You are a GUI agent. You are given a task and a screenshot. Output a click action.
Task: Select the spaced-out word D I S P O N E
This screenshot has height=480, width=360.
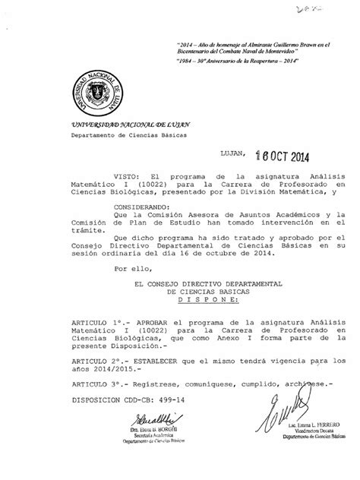coord(203,321)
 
